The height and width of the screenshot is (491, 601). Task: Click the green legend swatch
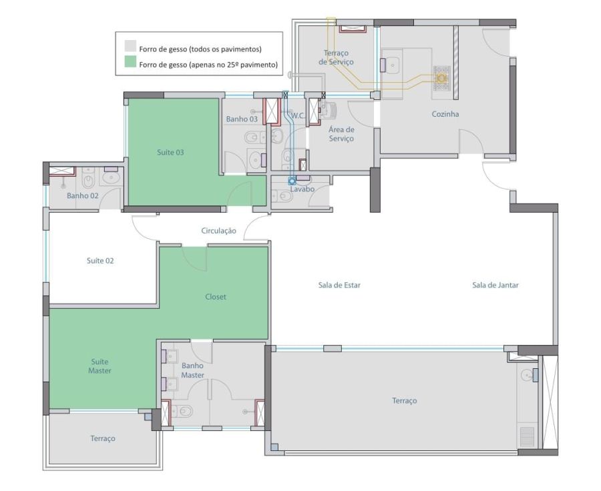130,62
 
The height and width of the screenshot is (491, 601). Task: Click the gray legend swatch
130,46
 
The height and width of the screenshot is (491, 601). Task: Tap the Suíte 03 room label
170,152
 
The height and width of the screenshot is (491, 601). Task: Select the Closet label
216,297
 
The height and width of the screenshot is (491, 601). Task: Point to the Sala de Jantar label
495,285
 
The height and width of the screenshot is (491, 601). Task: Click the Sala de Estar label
339,285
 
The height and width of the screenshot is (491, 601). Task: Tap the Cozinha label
445,114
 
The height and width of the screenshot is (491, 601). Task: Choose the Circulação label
218,231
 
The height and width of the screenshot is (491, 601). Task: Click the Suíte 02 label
100,261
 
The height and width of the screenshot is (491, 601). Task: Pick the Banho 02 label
82,195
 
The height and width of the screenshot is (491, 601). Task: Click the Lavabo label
302,189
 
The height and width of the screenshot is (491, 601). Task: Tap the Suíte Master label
99,366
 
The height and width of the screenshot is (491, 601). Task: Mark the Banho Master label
192,370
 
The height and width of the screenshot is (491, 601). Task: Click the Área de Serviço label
341,134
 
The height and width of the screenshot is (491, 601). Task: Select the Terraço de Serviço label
336,57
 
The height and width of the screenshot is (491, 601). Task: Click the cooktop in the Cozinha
441,78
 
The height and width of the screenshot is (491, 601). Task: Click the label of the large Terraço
405,401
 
